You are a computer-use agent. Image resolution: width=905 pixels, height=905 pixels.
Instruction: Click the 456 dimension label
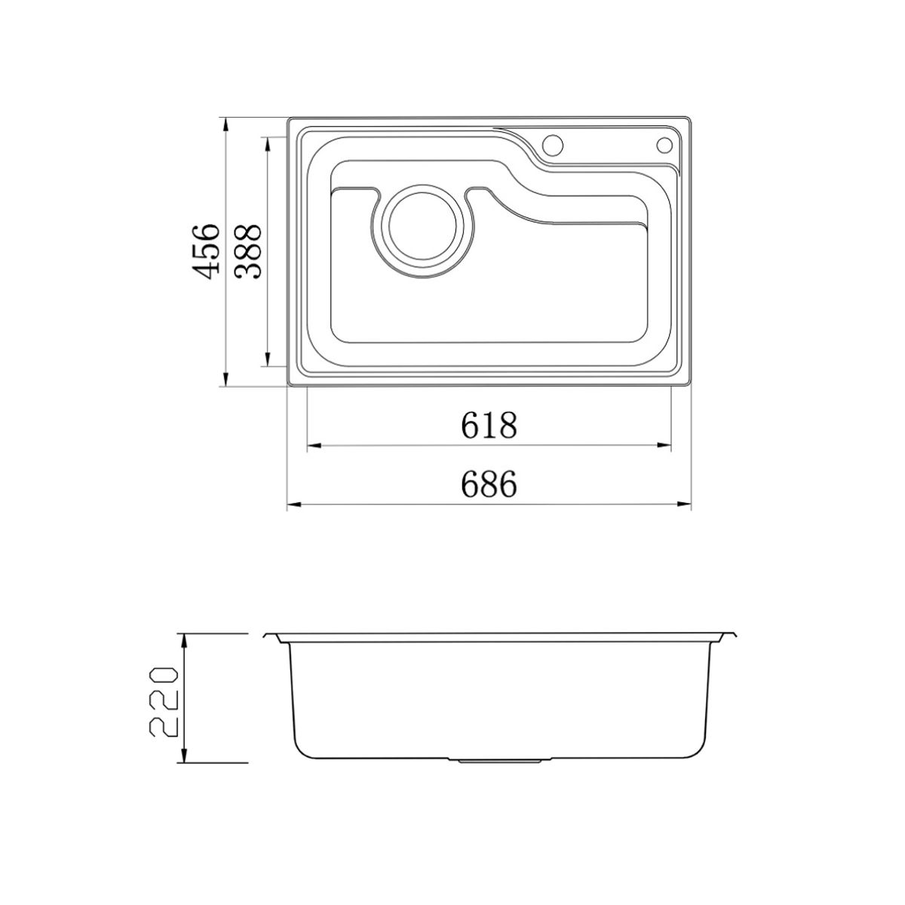click(206, 251)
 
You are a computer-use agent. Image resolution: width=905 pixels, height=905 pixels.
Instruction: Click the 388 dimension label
click(247, 251)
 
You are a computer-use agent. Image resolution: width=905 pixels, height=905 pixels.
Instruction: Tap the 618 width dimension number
click(489, 425)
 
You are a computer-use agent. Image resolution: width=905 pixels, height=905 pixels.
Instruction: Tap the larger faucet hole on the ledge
click(552, 144)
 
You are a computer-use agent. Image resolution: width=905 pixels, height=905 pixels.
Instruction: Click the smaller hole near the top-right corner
click(664, 145)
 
